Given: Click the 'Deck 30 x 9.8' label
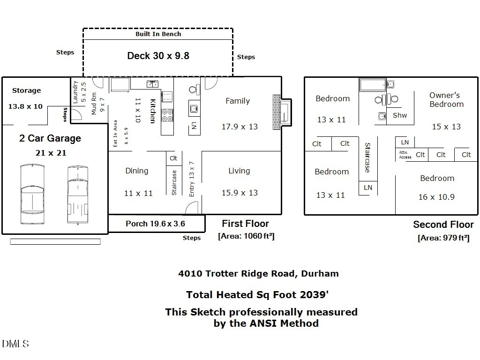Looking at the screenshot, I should click(x=158, y=56).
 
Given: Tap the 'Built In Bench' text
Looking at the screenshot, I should click(x=158, y=34).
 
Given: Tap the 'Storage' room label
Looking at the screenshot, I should click(x=26, y=90).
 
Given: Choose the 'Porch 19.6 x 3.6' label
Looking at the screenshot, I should click(x=155, y=224).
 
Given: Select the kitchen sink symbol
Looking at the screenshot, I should click(x=152, y=84).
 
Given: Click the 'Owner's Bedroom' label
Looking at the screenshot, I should click(x=445, y=99).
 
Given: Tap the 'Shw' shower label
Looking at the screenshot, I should click(x=400, y=115).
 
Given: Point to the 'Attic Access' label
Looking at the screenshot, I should click(x=405, y=155).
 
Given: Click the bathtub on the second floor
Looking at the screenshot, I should click(x=372, y=85).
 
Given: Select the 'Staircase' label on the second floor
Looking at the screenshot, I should click(x=367, y=157).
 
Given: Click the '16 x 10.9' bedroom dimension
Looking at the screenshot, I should click(x=436, y=197).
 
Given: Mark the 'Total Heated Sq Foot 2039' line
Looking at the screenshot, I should click(x=257, y=295).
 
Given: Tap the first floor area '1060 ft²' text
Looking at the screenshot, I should click(x=246, y=236).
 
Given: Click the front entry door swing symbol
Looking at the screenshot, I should click(x=192, y=208).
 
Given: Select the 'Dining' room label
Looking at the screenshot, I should click(x=137, y=171).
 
